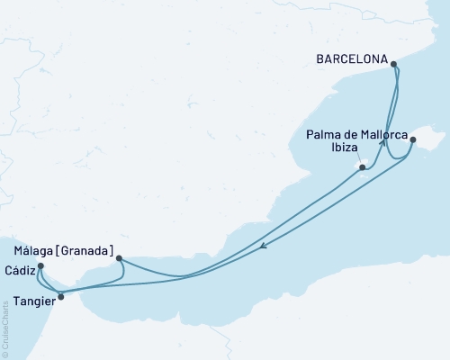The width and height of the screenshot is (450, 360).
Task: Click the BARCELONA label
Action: pos(351,62)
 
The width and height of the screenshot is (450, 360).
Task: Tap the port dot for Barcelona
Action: pos(394,62)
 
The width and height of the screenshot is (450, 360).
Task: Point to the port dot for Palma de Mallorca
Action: pos(412,139)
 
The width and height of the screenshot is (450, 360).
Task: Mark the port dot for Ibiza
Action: pos(362,167)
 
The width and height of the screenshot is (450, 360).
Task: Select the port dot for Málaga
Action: pos(120,258)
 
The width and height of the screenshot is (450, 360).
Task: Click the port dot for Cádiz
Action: pos(41,265)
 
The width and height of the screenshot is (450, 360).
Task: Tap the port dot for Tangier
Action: pos(60,296)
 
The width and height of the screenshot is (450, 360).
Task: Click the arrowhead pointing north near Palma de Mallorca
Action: pos(383,141)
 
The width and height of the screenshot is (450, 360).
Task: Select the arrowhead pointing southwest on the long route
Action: pos(261,246)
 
